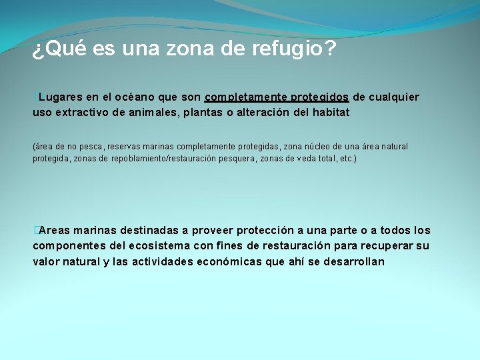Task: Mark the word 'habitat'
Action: pos(326,113)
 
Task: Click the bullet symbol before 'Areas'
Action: pos(35,231)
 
